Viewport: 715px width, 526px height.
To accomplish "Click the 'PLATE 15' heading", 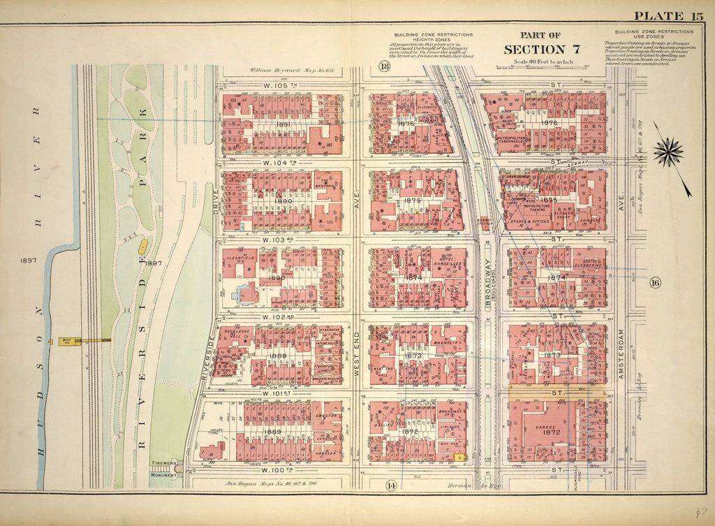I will coord(669,17).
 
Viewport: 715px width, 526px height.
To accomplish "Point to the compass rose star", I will coord(669,151).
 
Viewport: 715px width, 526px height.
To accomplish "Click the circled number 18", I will coord(383,66).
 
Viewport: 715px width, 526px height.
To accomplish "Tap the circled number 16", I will coord(654,283).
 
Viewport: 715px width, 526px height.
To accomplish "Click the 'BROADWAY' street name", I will coord(488,287).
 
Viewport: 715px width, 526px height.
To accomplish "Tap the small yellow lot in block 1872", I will coord(458,457).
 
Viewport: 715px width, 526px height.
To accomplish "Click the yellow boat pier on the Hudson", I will coord(84,341).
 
